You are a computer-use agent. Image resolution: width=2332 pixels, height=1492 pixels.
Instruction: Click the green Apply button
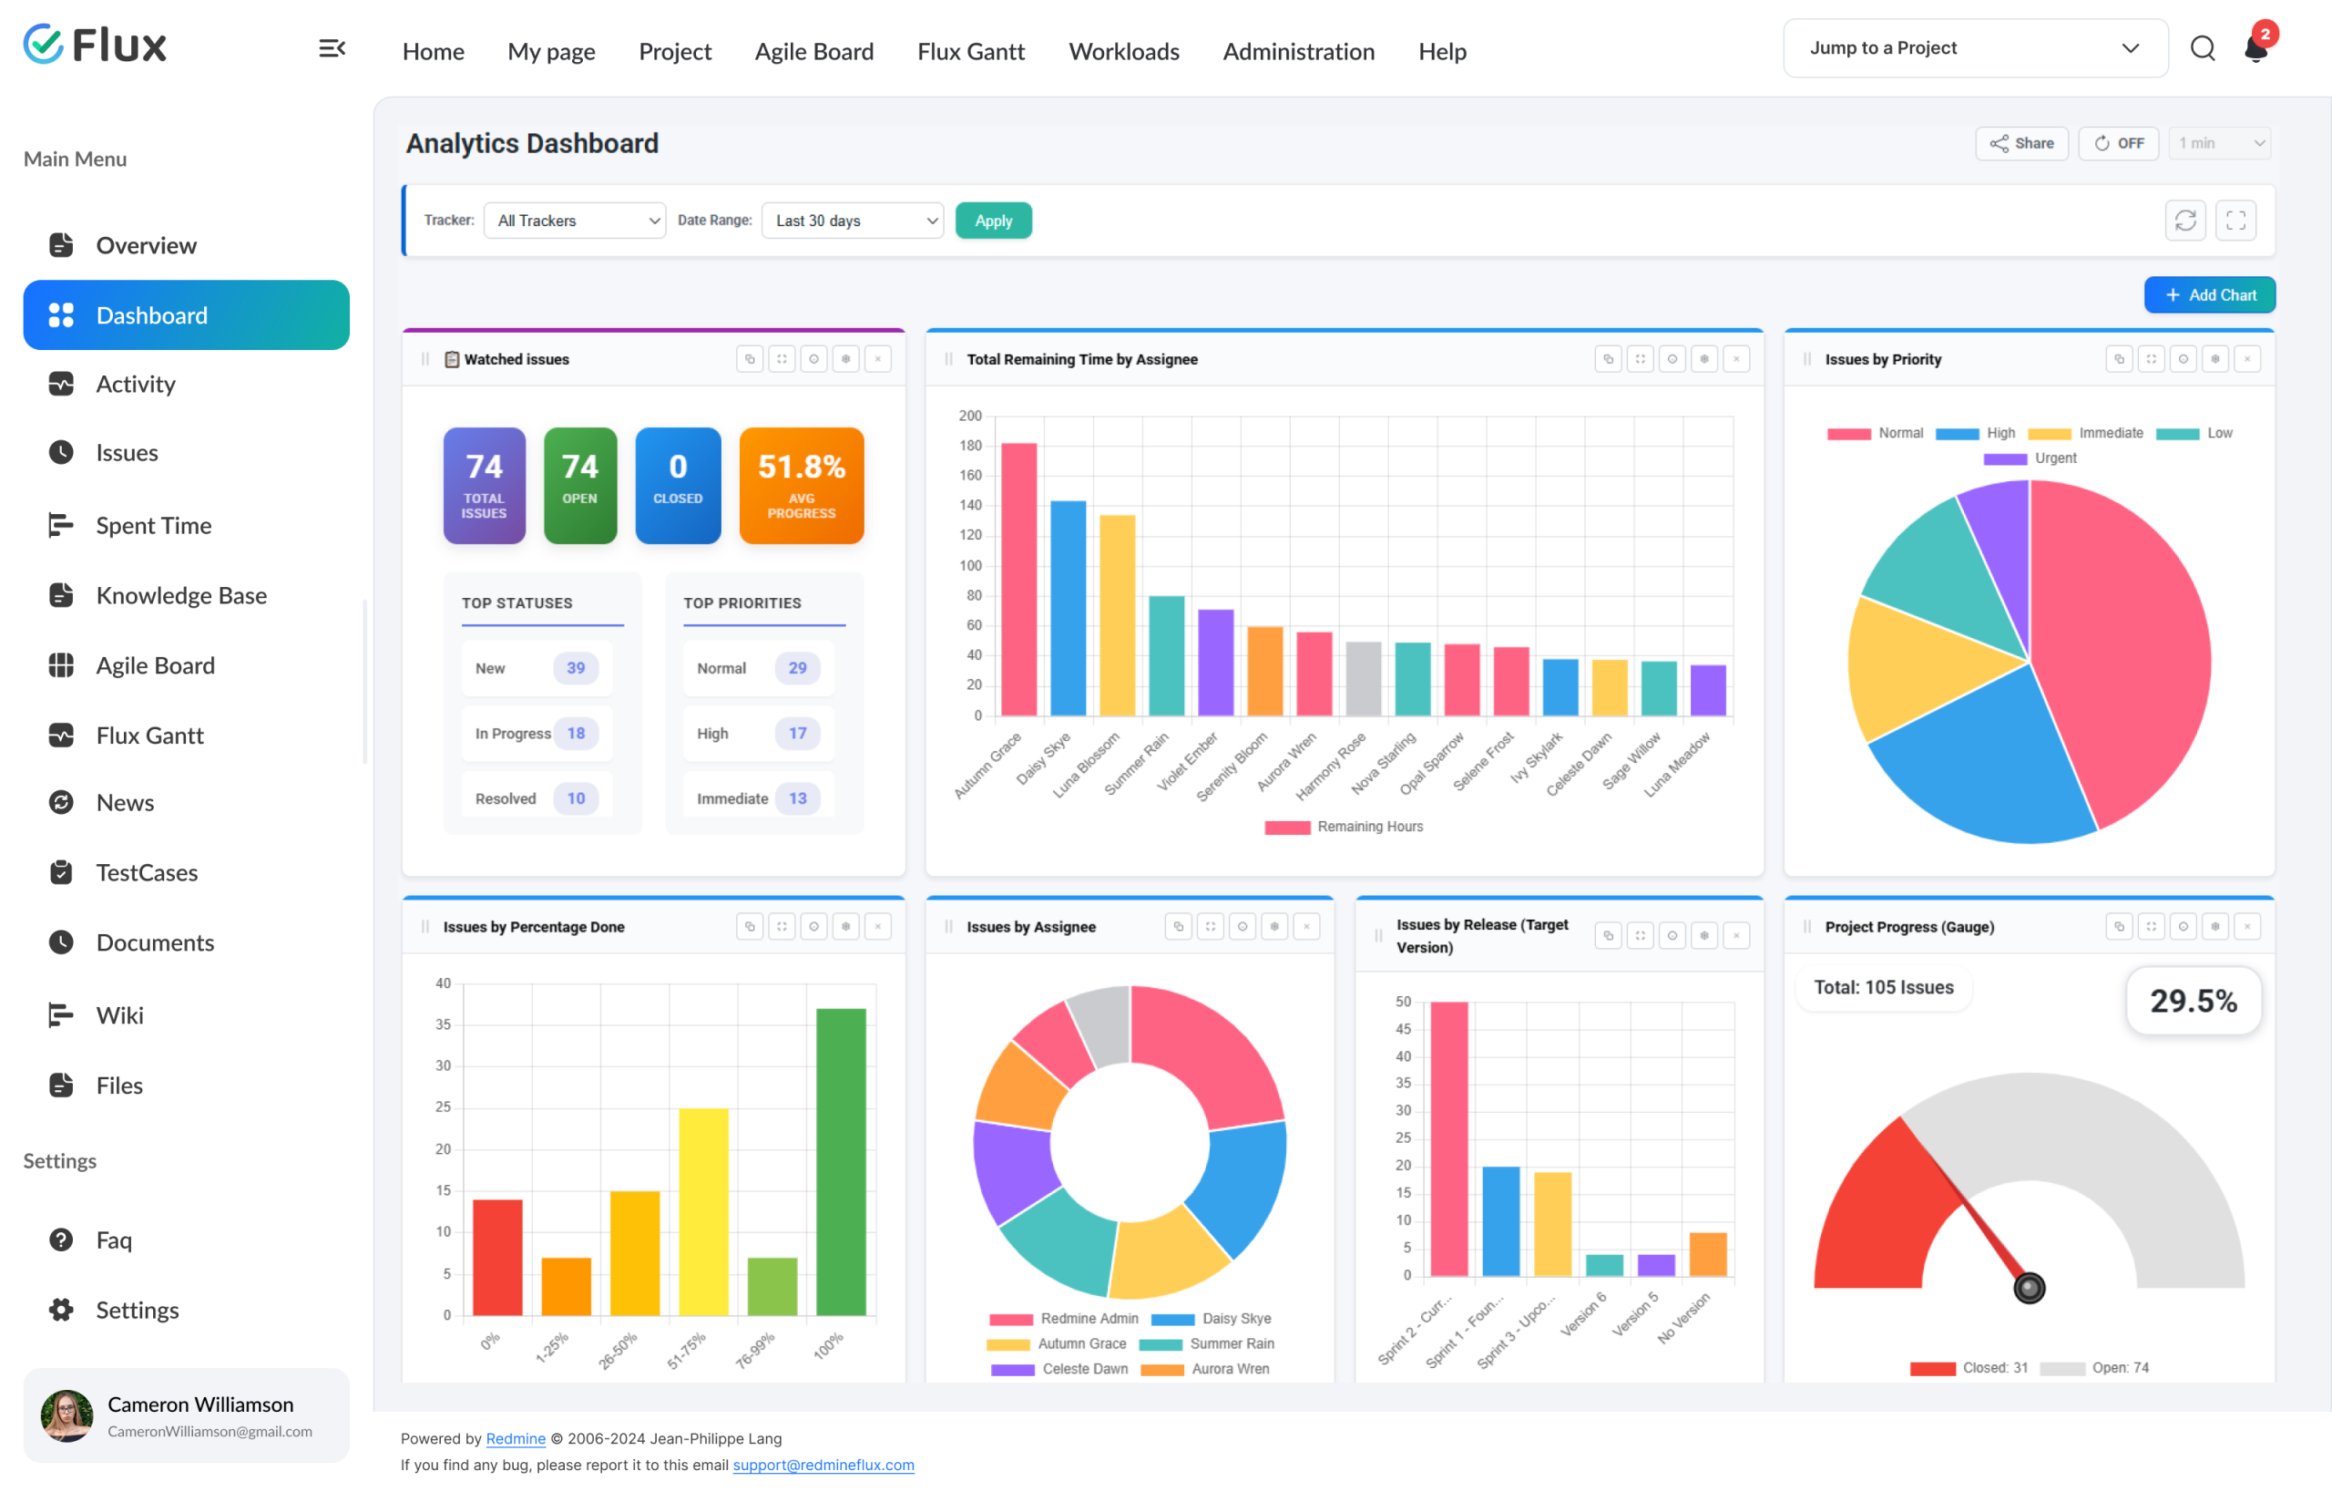993,221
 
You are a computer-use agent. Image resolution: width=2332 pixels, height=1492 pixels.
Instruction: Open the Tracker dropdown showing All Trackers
574,221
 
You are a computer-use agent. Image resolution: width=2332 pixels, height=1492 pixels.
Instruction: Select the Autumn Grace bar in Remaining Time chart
1018,580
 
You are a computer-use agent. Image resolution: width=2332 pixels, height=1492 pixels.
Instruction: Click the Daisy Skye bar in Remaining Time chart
1069,609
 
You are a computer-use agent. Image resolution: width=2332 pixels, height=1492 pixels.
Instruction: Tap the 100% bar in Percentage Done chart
841,1162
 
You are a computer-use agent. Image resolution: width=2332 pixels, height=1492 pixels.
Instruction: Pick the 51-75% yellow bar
703,1211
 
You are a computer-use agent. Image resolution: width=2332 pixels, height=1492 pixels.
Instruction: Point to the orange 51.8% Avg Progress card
801,486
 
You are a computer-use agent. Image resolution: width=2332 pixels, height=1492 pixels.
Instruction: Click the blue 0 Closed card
678,486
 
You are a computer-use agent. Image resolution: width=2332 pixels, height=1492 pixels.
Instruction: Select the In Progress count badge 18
577,734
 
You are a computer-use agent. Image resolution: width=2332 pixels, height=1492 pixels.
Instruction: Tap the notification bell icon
2256,48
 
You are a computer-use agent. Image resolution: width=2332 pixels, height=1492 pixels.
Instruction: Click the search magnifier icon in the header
2203,48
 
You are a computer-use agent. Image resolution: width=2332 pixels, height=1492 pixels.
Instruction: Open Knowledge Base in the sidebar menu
181,595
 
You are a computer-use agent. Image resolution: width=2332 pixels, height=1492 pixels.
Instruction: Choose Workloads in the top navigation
1123,51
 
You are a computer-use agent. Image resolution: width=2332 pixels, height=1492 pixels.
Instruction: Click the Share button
2021,143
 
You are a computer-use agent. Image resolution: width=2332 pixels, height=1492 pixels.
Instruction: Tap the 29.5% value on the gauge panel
2194,1001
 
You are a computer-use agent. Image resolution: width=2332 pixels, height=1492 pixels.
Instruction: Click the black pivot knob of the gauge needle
2029,1288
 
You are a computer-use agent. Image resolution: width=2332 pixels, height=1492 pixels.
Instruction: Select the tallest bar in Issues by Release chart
1448,1138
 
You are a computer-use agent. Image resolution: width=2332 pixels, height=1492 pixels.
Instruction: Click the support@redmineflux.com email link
823,1465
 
